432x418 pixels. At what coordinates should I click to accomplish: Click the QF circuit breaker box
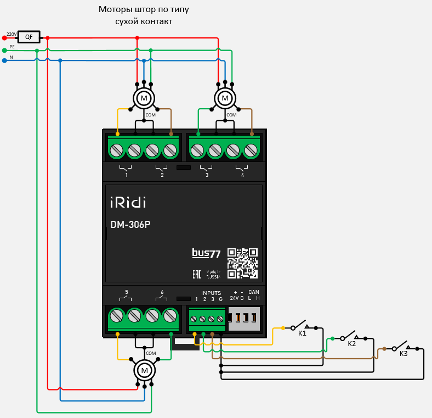29,37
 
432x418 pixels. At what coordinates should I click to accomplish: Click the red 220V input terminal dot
4,37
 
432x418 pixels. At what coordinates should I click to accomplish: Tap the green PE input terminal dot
4,50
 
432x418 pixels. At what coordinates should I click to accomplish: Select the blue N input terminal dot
4,60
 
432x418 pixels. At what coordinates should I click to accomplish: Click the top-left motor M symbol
144,98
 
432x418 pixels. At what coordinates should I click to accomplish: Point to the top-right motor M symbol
224,98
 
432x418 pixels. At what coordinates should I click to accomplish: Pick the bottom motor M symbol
145,371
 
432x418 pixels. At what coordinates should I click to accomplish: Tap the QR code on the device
242,263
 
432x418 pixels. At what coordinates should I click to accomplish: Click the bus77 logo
206,253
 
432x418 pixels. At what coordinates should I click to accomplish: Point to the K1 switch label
302,333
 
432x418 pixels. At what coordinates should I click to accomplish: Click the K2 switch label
352,344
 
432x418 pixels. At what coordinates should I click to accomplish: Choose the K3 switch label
403,354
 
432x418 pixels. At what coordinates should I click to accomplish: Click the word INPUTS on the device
211,293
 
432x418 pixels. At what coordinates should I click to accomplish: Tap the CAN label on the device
254,292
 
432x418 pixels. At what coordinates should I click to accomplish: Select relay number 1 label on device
126,175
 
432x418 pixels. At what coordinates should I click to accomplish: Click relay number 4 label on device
242,175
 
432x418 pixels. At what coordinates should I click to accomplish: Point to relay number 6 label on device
162,292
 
